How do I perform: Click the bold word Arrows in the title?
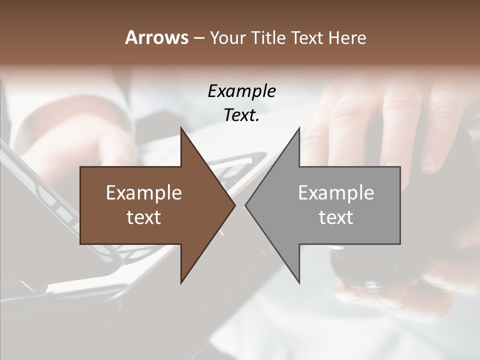click(156, 37)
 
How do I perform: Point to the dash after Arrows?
click(198, 38)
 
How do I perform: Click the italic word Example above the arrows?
click(241, 91)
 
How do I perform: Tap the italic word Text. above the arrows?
click(241, 115)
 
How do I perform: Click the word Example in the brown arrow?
click(144, 192)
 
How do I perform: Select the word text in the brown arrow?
click(144, 217)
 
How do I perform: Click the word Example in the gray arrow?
click(336, 192)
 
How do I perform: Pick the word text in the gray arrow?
click(336, 217)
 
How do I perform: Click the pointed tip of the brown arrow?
click(234, 205)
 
